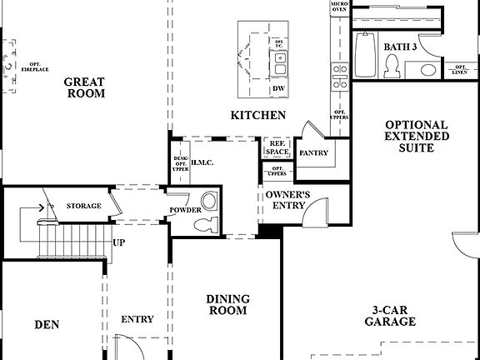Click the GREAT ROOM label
(x=86, y=87)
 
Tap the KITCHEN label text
(x=259, y=115)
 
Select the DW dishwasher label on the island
(x=278, y=88)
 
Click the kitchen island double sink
(x=281, y=59)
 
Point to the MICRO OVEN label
(x=338, y=7)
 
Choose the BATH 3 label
(x=400, y=47)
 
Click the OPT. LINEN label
(x=459, y=69)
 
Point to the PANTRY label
(x=312, y=153)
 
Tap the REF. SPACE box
(x=276, y=148)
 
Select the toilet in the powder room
(x=209, y=222)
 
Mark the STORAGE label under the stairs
(x=84, y=206)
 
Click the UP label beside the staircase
(x=119, y=242)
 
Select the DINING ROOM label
(x=227, y=304)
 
